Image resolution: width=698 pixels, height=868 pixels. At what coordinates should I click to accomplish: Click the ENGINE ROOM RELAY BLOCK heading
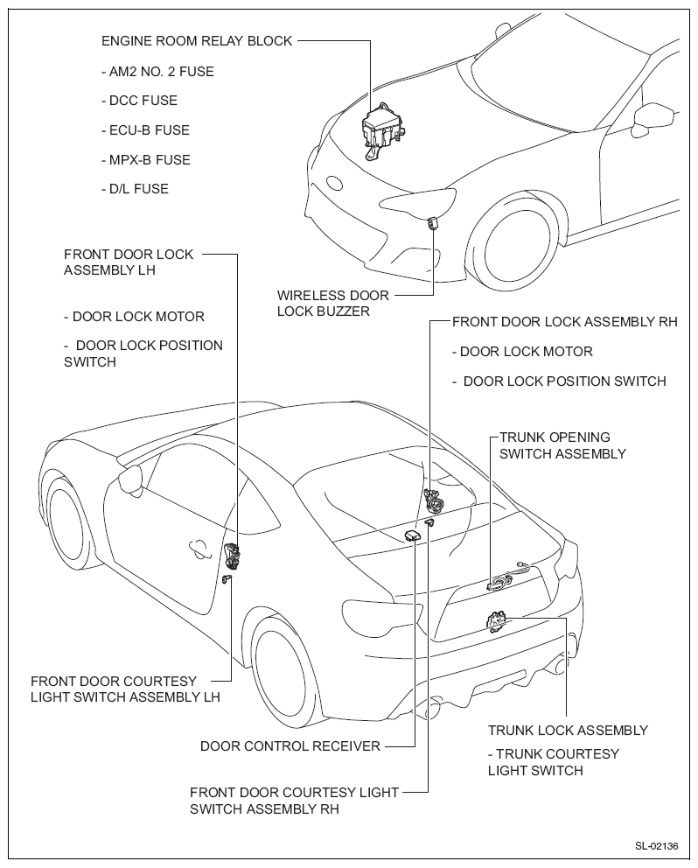click(197, 41)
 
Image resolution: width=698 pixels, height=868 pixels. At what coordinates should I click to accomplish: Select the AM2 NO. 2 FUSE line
click(157, 72)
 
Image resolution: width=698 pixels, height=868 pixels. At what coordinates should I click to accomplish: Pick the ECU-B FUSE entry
click(145, 130)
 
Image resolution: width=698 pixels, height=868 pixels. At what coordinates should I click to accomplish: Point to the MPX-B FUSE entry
click(145, 160)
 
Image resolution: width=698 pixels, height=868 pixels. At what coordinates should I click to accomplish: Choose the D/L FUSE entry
click(136, 189)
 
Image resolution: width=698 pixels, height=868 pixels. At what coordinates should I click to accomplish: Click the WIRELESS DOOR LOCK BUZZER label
click(333, 303)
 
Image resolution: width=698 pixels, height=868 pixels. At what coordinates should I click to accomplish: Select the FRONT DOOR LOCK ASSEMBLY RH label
click(564, 322)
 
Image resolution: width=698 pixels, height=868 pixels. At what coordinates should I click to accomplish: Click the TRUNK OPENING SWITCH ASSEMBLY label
click(562, 445)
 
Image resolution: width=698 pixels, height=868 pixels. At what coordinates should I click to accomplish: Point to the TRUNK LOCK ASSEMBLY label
click(568, 730)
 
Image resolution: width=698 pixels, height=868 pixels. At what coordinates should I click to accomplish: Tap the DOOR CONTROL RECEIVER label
click(290, 746)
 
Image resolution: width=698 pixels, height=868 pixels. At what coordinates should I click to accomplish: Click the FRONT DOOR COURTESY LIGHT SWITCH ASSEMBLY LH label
click(125, 689)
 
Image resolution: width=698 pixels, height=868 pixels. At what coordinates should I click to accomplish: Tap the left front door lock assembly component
click(234, 555)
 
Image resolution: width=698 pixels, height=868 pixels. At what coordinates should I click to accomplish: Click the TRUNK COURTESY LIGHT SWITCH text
click(554, 762)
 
